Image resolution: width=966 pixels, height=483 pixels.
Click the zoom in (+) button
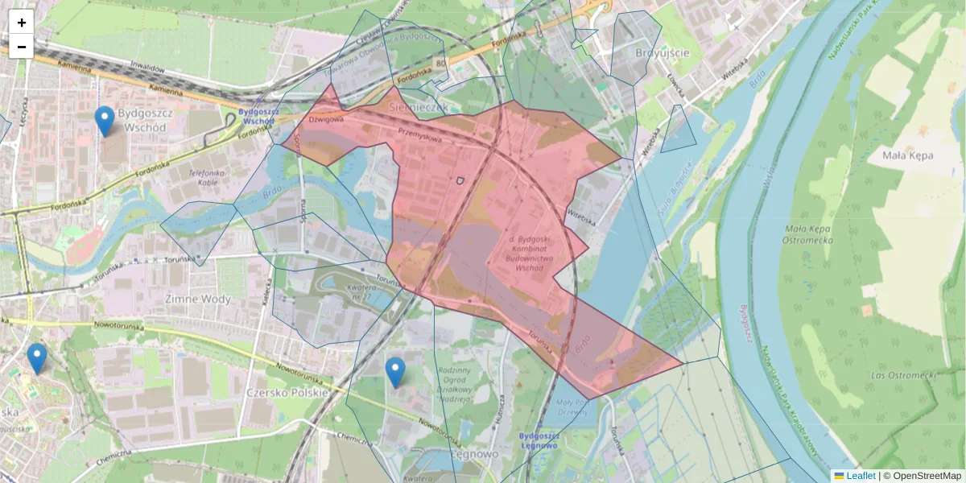22,23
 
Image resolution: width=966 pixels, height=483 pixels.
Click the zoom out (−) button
22,47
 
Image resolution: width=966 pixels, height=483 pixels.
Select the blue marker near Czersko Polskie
394,373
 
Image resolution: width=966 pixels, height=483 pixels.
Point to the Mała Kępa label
907,155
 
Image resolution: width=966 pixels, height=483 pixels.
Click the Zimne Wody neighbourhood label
197,299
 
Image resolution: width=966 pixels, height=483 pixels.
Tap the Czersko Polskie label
287,393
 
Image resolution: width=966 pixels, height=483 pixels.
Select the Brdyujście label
662,53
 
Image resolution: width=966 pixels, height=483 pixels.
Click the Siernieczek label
417,106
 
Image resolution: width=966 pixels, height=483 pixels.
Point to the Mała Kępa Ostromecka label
807,234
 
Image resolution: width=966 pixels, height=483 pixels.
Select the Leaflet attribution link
860,476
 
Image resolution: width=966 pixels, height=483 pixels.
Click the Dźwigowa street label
327,119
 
